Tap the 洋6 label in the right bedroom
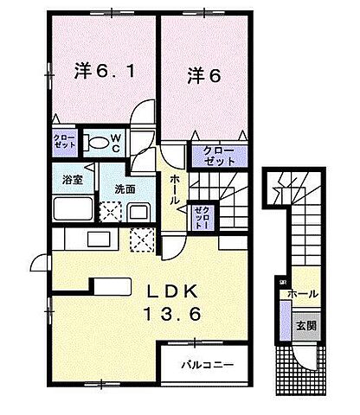click(203, 75)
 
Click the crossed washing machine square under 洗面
click(111, 213)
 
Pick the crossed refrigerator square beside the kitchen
click(141, 239)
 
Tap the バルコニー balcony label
click(207, 365)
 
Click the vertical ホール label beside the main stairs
click(174, 188)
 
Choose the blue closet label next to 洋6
click(219, 156)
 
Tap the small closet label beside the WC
click(65, 142)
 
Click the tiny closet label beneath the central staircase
click(201, 214)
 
